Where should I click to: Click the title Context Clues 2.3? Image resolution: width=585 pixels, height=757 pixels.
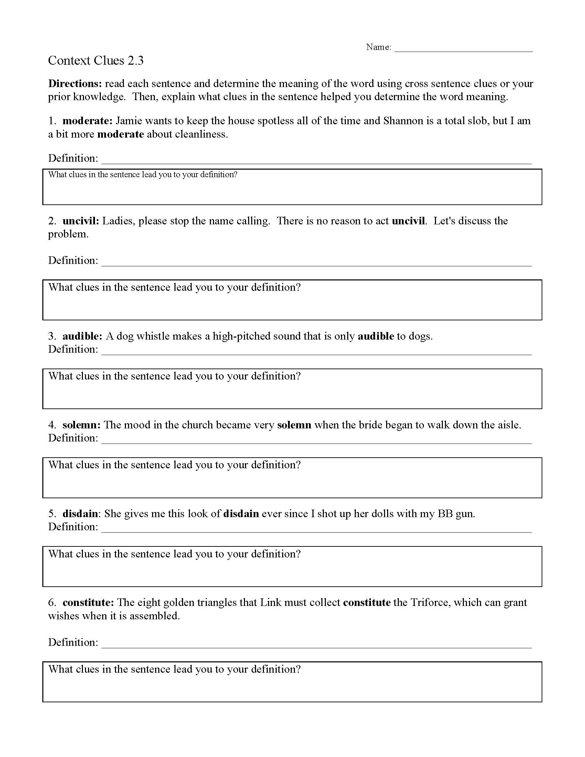pos(96,61)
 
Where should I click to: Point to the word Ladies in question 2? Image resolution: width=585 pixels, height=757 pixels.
pos(118,221)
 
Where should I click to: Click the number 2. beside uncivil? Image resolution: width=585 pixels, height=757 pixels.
pos(52,221)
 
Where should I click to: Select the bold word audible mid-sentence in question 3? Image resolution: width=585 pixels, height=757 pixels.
pos(376,336)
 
